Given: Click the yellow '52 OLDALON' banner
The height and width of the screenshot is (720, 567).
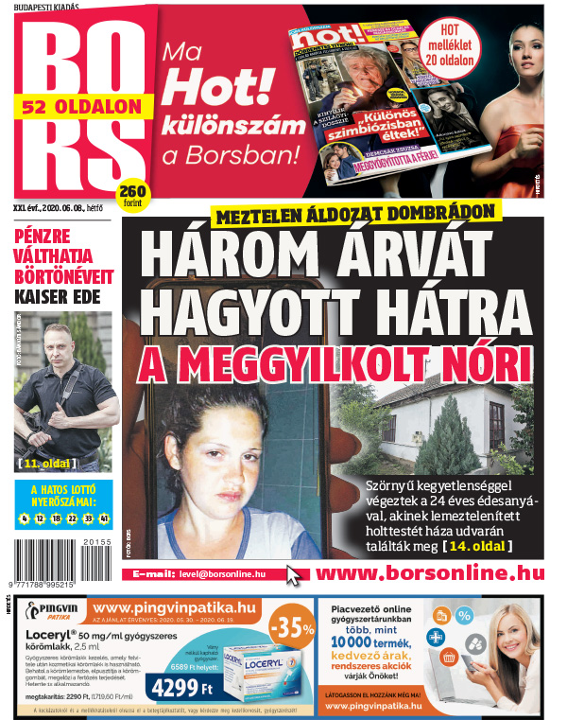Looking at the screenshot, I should click(82, 106).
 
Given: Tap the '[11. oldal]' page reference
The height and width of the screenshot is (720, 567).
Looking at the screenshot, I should click(60, 464).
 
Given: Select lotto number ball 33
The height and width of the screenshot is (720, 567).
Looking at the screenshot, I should click(88, 518).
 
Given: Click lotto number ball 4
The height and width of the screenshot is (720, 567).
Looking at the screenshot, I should click(24, 518).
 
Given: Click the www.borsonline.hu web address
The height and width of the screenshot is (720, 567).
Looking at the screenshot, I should click(429, 573).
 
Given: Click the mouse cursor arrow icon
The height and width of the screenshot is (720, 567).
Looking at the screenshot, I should click(295, 575).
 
